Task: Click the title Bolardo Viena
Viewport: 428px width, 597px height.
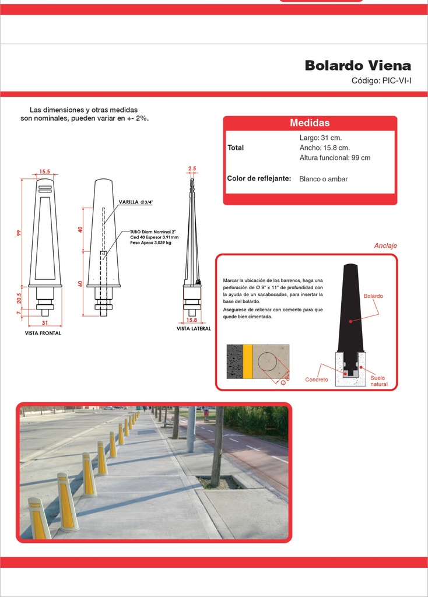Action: pyautogui.click(x=358, y=65)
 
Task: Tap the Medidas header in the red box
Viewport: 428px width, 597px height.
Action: pyautogui.click(x=310, y=122)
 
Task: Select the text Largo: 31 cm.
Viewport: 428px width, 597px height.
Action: pyautogui.click(x=321, y=138)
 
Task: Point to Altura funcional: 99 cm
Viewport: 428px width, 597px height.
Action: pyautogui.click(x=335, y=157)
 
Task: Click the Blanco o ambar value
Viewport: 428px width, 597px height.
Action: pyautogui.click(x=323, y=179)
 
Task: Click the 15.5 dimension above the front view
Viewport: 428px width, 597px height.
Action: pyautogui.click(x=44, y=172)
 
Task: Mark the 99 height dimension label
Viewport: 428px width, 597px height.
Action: pyautogui.click(x=19, y=233)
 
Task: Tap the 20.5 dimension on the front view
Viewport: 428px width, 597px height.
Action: pyautogui.click(x=19, y=298)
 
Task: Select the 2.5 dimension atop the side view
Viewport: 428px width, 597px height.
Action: pyautogui.click(x=192, y=168)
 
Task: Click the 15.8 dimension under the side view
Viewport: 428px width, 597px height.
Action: pyautogui.click(x=191, y=320)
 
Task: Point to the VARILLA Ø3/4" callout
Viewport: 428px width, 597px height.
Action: pyautogui.click(x=135, y=202)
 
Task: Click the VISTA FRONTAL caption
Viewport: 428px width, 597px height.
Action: pyautogui.click(x=43, y=333)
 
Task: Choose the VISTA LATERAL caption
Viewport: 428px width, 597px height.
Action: pyautogui.click(x=194, y=329)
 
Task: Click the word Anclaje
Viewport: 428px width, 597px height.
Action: pyautogui.click(x=385, y=245)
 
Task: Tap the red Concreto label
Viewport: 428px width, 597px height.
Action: pyautogui.click(x=317, y=380)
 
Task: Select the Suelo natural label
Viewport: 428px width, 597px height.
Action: pyautogui.click(x=379, y=381)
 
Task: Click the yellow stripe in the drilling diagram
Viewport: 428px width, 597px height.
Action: pyautogui.click(x=247, y=361)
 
